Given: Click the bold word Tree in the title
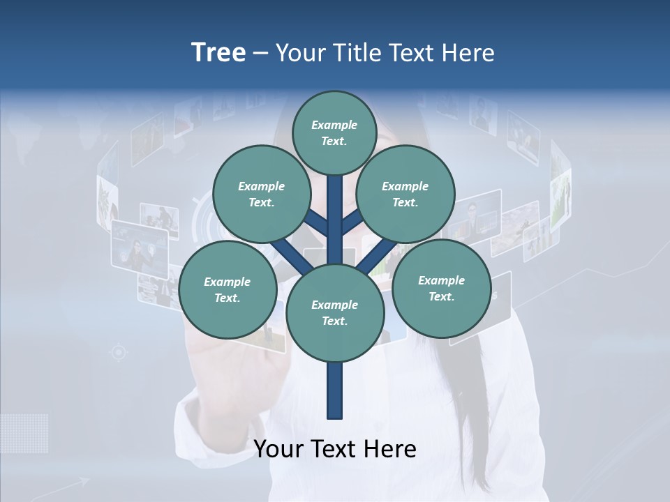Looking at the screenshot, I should point(218,52).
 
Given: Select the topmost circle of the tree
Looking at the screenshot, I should point(334,132).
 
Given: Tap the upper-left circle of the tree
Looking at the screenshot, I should point(262,194).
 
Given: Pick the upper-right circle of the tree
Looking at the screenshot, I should point(405,194).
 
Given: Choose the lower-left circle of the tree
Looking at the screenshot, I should point(228,289).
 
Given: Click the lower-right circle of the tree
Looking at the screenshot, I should point(441,288).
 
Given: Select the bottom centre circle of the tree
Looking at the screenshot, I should point(335,313).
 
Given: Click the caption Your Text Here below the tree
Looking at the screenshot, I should point(335,449).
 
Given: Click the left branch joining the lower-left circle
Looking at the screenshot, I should point(288,254).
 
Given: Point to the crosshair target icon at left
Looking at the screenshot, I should point(119,353).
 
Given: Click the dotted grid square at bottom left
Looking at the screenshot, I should point(25,433).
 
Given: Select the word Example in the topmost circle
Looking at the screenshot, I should point(334,125).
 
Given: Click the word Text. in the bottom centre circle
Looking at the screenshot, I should point(334,321).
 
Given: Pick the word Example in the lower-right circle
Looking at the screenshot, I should point(441,280).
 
